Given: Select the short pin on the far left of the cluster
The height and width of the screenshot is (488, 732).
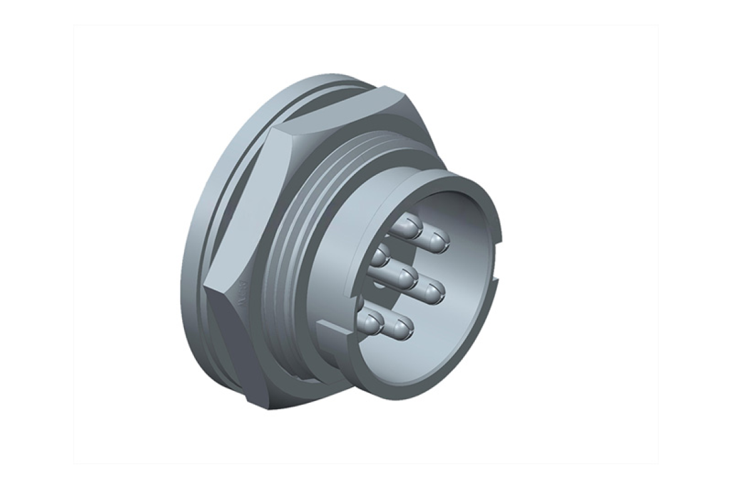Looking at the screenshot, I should pyautogui.click(x=380, y=256).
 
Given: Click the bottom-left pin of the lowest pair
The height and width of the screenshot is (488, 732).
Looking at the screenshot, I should pyautogui.click(x=372, y=322).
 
